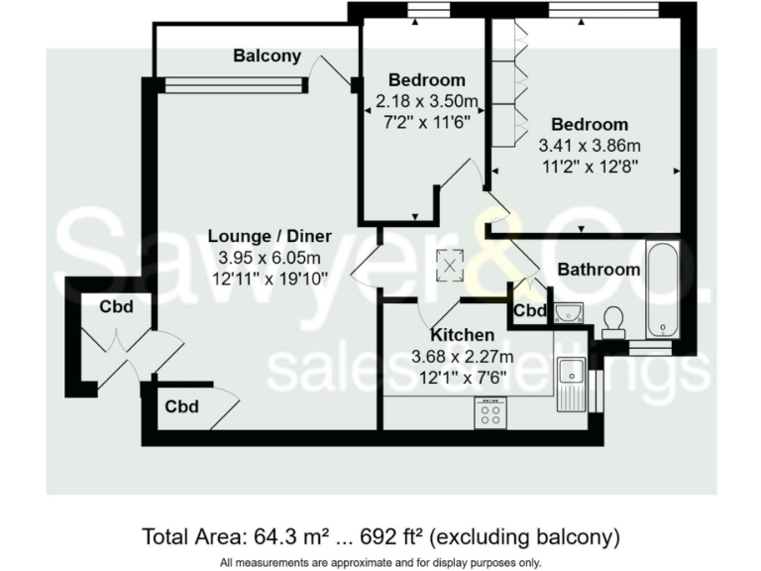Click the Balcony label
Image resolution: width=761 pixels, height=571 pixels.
pos(267,57)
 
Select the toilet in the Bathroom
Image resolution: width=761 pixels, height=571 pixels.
pos(613,320)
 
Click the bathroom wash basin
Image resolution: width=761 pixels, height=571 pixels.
pos(568,314)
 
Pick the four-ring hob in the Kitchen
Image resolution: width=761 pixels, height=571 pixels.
pos(489,412)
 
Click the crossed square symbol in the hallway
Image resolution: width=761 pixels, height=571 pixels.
pos(452,265)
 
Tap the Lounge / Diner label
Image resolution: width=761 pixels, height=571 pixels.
pos(270,236)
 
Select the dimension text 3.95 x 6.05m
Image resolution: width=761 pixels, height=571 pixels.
pos(270,257)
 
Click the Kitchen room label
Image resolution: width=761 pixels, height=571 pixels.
pos(462,335)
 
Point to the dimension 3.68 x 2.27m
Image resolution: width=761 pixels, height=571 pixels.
pos(462,357)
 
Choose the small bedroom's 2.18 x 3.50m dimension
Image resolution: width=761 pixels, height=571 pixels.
pos(426,101)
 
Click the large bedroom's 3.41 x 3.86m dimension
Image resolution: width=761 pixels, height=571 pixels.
pos(590,145)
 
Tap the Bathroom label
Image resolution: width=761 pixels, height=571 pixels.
pos(598,269)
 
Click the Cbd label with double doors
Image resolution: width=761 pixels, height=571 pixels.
pos(115,307)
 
